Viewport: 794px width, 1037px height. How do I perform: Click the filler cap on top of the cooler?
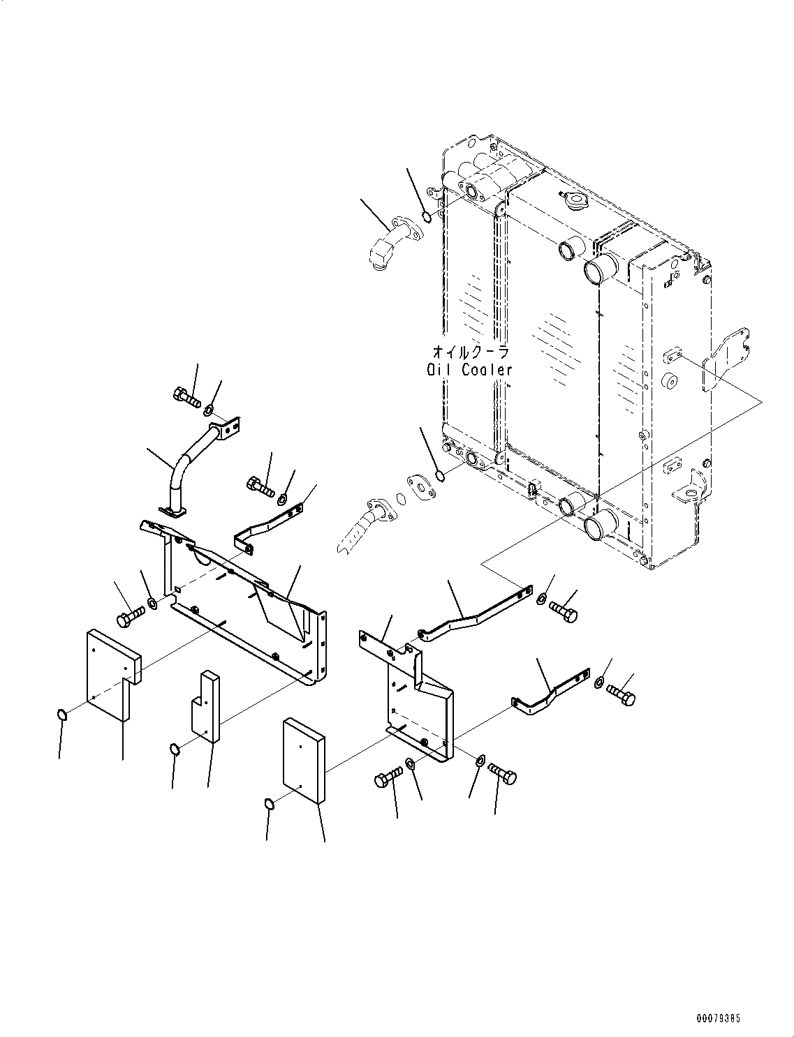pos(575,202)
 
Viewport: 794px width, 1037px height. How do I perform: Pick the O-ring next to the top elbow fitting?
pos(427,215)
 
